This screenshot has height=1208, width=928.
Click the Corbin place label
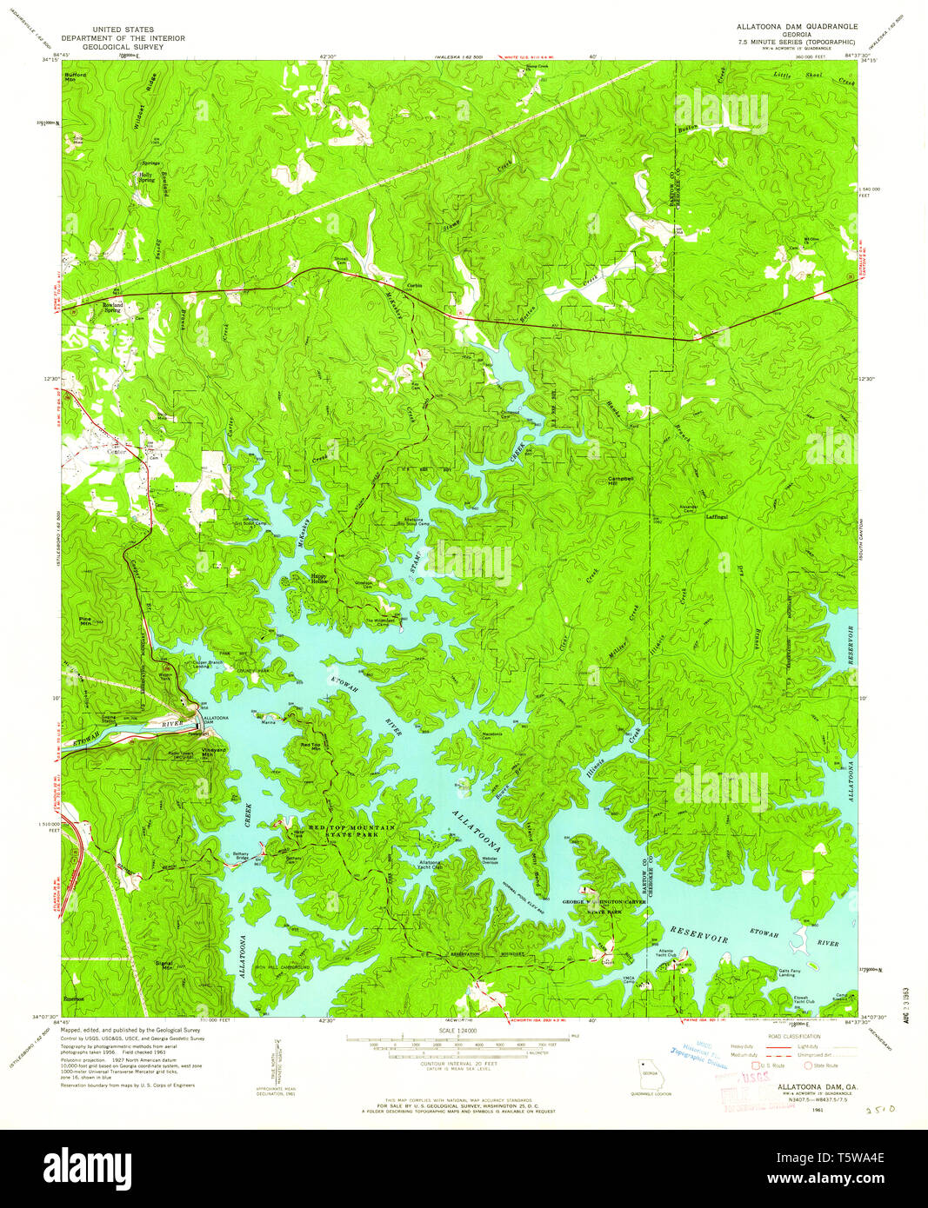coord(414,286)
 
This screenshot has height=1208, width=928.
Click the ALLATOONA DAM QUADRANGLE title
coord(791,27)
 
